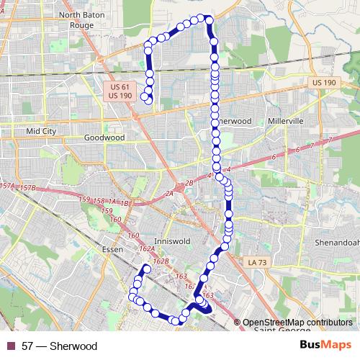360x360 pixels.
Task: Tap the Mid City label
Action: coord(40,132)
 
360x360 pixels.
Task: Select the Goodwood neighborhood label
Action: coord(104,138)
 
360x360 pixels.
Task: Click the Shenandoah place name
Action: coord(338,243)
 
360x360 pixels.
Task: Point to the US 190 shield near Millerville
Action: coord(325,84)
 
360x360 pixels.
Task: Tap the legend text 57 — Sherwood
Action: coord(59,346)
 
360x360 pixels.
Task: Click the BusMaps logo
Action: coord(325,346)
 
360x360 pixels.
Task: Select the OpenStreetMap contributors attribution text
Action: coord(297,323)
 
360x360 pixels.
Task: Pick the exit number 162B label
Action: coord(161,261)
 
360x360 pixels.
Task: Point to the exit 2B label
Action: coord(189,184)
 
